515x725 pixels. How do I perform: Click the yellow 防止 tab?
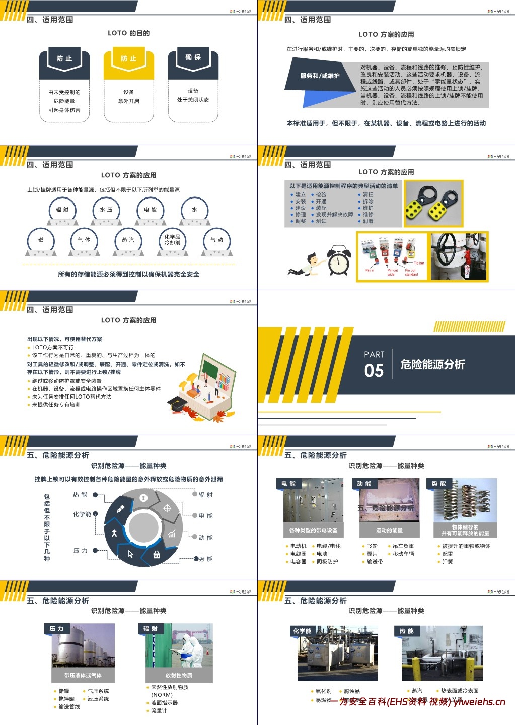pyautogui.click(x=128, y=59)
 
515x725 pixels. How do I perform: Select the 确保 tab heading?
pyautogui.click(x=193, y=58)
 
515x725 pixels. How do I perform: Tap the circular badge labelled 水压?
pyautogui.click(x=106, y=210)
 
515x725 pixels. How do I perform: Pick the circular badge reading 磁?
pyautogui.click(x=41, y=240)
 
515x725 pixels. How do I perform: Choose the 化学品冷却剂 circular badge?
pyautogui.click(x=172, y=240)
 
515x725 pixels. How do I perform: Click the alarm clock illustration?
pyautogui.click(x=338, y=260)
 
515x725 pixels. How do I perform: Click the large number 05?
pyautogui.click(x=374, y=371)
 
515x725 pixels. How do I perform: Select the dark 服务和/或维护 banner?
pyautogui.click(x=320, y=76)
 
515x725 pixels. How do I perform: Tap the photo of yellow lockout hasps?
pyautogui.click(x=434, y=204)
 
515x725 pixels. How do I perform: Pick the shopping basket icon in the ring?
pyautogui.click(x=157, y=554)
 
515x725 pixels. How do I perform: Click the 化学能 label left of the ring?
pyautogui.click(x=82, y=514)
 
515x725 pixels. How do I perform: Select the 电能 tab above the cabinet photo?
pyautogui.click(x=288, y=484)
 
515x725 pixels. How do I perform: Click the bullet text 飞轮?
pyautogui.click(x=372, y=546)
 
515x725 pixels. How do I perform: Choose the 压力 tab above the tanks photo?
pyautogui.click(x=57, y=629)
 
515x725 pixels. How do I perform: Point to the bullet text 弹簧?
pyautogui.click(x=448, y=562)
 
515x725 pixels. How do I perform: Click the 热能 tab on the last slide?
pyautogui.click(x=406, y=631)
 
